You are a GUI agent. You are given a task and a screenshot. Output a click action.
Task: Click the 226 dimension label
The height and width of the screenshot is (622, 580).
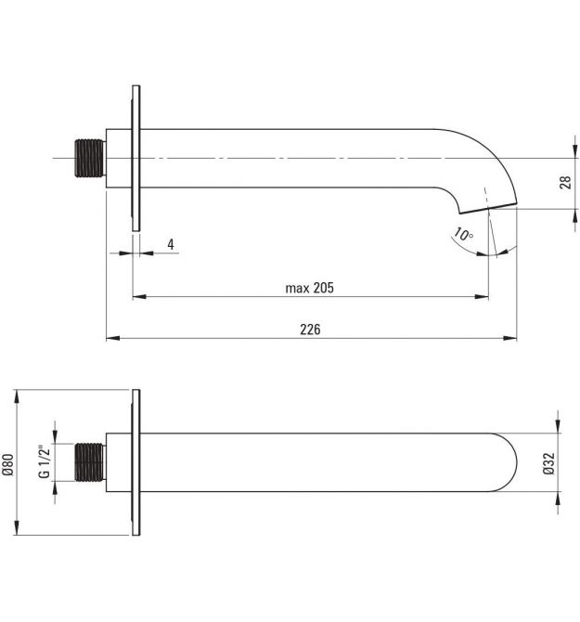(x=310, y=330)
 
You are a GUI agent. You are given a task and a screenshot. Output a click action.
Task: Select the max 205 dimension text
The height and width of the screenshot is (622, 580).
(x=310, y=288)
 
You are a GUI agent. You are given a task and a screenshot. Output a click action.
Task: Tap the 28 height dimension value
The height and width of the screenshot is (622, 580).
(x=565, y=182)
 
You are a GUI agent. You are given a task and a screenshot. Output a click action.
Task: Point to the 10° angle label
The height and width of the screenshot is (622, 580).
(x=463, y=234)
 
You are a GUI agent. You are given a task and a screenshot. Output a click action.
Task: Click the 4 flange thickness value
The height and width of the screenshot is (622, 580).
(x=171, y=244)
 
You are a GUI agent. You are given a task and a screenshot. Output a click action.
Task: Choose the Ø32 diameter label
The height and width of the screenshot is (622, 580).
(x=548, y=464)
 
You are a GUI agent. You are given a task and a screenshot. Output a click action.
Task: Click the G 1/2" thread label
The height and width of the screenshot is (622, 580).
(x=45, y=462)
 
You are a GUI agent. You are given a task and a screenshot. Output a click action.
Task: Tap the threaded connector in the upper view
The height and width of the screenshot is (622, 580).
(x=90, y=158)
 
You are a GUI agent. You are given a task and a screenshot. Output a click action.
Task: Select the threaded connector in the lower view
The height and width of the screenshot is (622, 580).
(x=90, y=462)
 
